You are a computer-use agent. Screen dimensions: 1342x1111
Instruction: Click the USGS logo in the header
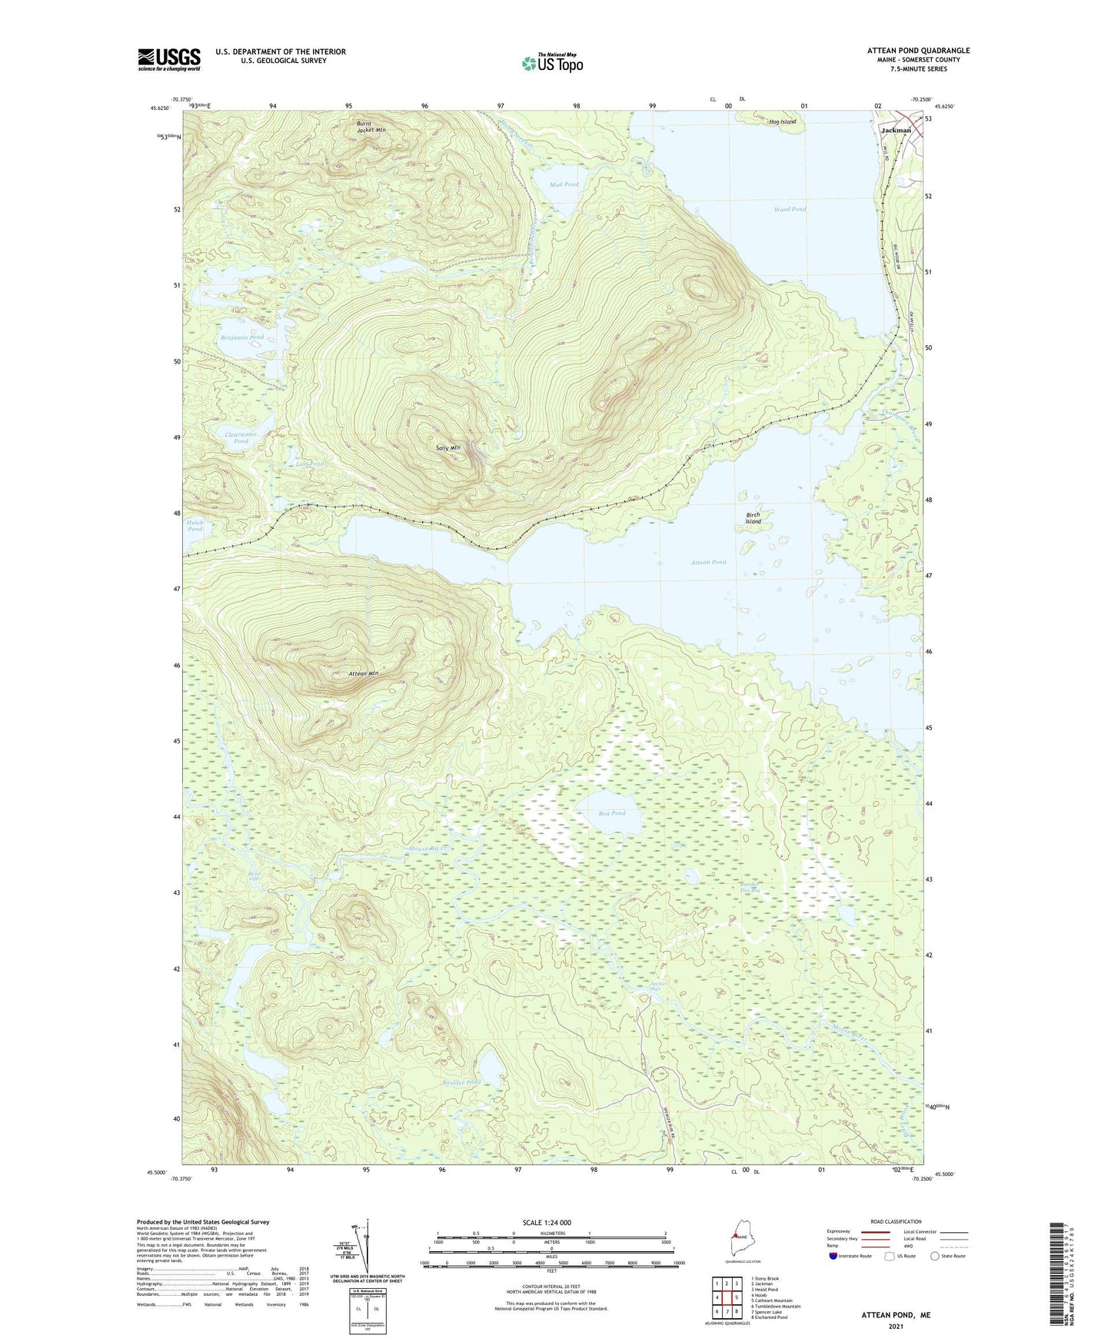169,59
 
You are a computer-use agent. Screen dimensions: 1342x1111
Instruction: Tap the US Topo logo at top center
552,63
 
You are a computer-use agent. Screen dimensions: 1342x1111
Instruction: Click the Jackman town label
896,131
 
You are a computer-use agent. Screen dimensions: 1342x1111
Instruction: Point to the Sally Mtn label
447,447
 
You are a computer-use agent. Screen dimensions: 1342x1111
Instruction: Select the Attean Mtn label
364,673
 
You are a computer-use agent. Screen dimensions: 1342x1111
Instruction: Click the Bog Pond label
612,813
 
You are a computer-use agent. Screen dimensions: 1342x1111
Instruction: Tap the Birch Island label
753,518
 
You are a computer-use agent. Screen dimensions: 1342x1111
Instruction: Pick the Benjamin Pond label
242,337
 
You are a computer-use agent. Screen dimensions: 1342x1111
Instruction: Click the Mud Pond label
564,184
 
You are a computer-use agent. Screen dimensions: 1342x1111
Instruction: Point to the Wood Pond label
790,209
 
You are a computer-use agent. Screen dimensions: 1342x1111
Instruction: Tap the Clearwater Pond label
241,437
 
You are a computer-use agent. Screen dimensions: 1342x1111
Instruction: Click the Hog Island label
782,121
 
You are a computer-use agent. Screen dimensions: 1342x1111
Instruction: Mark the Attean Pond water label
708,562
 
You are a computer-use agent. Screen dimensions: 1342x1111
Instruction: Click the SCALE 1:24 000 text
546,1222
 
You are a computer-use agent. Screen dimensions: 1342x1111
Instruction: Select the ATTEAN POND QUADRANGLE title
918,51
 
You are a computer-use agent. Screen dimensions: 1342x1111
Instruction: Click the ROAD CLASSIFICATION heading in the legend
894,1221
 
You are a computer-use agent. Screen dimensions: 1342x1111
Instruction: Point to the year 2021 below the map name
896,1326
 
